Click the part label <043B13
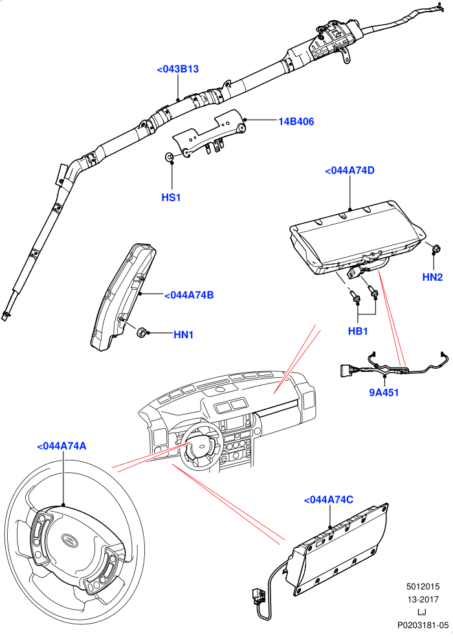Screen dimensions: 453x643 tap(178, 69)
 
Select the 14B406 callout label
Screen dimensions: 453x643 tap(296, 122)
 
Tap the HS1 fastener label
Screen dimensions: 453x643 tap(171, 197)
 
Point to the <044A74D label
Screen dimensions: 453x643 tap(349, 170)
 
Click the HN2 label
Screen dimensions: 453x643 tap(432, 278)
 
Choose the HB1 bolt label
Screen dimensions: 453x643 tap(358, 331)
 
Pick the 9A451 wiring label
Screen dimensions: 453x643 tap(384, 393)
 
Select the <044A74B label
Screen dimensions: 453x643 tap(189, 295)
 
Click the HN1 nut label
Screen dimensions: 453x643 tap(183, 334)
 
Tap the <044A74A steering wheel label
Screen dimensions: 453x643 tap(61, 446)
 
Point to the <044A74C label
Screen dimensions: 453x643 tap(328, 500)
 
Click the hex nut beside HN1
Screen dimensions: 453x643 tap(142, 332)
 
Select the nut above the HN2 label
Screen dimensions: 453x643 tap(437, 248)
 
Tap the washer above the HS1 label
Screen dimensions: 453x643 tap(168, 157)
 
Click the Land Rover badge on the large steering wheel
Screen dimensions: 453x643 tap(69, 539)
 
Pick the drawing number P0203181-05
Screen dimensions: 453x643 tap(423, 626)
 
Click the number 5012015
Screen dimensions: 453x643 tap(423, 587)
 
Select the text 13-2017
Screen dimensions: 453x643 tap(423, 600)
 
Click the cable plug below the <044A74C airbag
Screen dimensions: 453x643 tap(258, 596)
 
